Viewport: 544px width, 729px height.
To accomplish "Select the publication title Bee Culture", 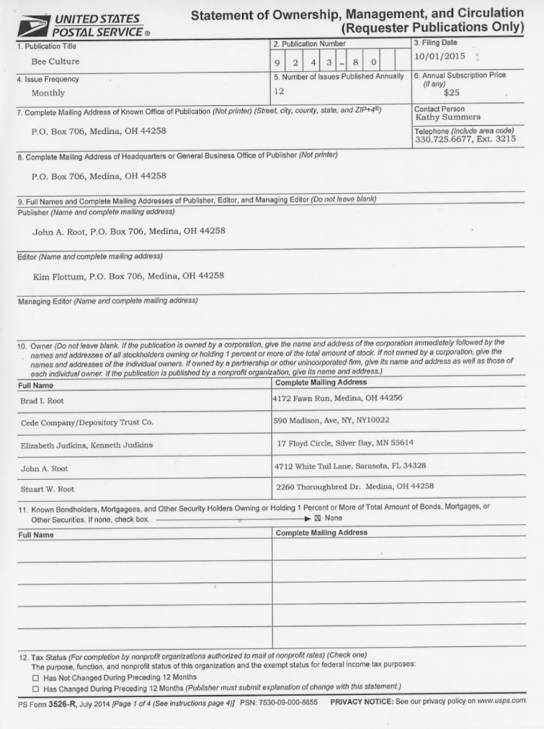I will [55, 62].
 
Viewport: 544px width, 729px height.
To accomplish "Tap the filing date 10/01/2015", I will [439, 56].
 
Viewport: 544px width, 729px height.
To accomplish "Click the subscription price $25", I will [451, 92].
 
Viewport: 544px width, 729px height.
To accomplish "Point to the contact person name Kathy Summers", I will [447, 117].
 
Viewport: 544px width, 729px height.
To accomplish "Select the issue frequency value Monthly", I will [48, 93].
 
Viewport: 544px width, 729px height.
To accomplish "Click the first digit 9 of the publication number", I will [277, 63].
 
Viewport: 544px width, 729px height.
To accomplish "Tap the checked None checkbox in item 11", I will [317, 518].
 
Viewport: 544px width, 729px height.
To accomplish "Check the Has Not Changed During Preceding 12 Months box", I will [36, 678].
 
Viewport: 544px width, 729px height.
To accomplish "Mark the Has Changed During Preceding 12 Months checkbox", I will [36, 689].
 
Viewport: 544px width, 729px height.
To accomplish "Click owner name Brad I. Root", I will [42, 401].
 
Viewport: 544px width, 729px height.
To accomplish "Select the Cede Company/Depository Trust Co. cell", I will [86, 423].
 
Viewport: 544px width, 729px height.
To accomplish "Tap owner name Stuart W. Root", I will [47, 489].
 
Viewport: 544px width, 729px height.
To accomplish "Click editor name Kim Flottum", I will [59, 277].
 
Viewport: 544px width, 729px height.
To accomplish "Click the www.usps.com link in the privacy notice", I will [502, 701].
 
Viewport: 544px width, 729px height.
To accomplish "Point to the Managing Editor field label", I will [45, 301].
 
